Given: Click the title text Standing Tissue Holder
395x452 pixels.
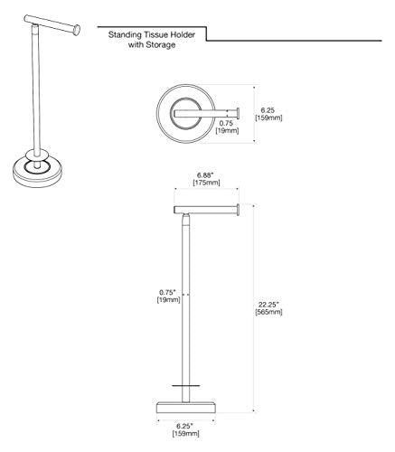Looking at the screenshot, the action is (152, 34).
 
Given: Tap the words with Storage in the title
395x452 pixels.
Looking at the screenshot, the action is (152, 45).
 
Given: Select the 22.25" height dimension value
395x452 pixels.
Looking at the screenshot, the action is (268, 304).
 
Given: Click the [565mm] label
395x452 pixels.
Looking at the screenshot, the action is (268, 312).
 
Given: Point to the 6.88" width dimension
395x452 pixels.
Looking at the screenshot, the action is (206, 174).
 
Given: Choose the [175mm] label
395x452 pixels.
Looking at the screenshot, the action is (206, 183).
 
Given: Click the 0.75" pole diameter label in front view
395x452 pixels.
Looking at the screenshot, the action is (167, 292).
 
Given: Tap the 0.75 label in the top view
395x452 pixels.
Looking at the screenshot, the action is (226, 123).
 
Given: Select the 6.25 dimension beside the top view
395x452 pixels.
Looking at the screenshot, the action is (268, 110).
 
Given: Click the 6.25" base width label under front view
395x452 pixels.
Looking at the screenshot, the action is (184, 426).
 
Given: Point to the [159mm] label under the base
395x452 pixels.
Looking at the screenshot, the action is (186, 434).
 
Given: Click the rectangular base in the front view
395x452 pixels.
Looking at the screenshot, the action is (186, 408).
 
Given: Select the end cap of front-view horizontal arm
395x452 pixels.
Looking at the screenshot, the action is (238, 210).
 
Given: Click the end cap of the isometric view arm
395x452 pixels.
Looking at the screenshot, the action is (77, 31).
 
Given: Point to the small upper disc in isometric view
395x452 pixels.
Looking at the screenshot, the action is (37, 155).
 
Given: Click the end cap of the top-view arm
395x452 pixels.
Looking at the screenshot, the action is (238, 114).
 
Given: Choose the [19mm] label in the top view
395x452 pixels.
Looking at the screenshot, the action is (227, 131).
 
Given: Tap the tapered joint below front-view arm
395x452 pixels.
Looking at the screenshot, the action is (186, 220).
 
